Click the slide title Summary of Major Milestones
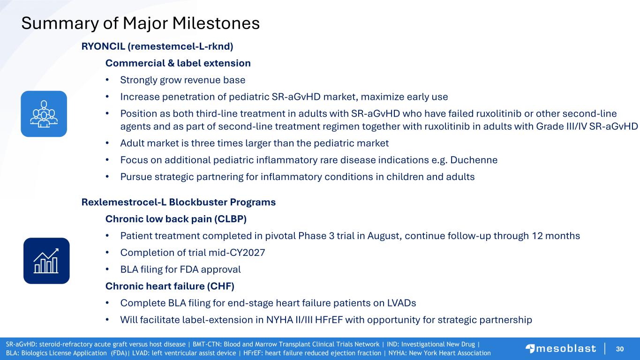141,23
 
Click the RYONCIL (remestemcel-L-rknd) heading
157,46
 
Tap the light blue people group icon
44,114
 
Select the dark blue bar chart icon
46,261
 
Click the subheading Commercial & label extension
178,63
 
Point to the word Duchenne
474,160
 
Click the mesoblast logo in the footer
561,349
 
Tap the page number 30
620,349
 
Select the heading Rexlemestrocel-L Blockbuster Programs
179,202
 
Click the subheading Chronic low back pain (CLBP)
176,219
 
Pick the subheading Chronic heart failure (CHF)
170,286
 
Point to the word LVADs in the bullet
401,303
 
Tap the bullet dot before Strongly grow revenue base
107,80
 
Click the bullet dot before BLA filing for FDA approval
107,270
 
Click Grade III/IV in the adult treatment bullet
561,126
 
